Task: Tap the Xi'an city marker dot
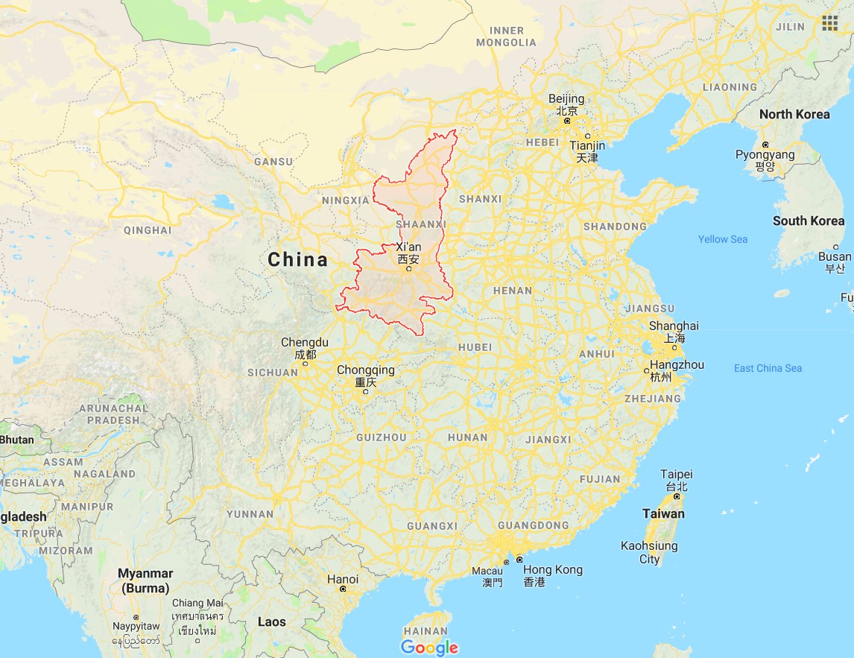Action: [x=408, y=269]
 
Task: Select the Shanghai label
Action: [x=674, y=326]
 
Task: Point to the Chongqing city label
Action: [x=365, y=370]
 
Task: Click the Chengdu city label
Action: [x=304, y=343]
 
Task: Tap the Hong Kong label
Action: [x=552, y=570]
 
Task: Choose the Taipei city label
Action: [x=676, y=475]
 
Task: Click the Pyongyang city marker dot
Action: [x=765, y=145]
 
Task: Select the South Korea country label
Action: [x=809, y=221]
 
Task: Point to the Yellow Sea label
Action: [x=722, y=239]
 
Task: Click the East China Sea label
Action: [x=768, y=368]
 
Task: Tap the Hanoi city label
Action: [x=343, y=579]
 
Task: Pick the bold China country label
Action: [x=297, y=259]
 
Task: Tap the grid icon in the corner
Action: [x=830, y=24]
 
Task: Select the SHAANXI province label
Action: [x=421, y=224]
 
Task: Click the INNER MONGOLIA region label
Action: [x=512, y=37]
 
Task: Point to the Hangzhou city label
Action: [x=677, y=365]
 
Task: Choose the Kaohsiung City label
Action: [x=649, y=552]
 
